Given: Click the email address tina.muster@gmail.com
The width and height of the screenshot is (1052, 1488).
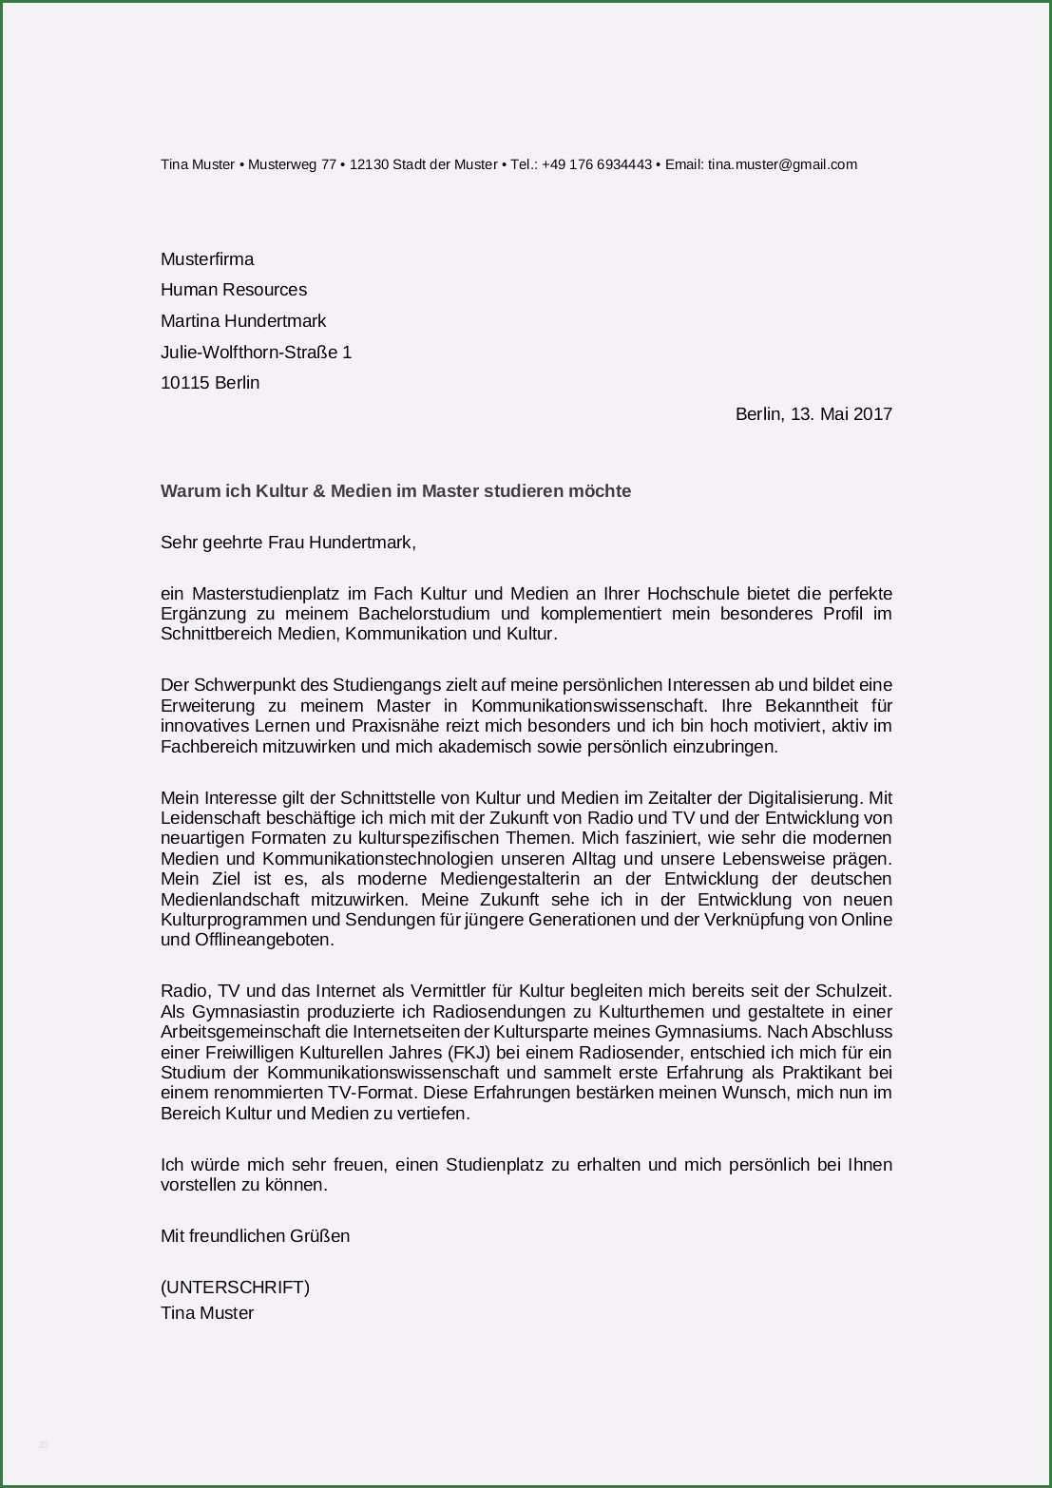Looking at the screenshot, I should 782,164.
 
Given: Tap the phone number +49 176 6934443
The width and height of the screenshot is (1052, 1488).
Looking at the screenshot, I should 597,164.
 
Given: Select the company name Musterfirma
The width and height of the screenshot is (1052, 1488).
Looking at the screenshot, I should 207,259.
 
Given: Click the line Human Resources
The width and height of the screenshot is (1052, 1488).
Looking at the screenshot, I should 234,290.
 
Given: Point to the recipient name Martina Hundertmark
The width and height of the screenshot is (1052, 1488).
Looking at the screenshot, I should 243,321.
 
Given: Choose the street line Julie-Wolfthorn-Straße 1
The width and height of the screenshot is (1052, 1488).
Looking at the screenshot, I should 256,353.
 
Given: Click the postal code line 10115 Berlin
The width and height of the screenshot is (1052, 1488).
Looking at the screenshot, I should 210,383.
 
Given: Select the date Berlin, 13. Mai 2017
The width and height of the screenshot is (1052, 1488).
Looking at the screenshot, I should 813,414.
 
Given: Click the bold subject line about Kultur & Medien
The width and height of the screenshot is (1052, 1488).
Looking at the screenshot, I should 395,491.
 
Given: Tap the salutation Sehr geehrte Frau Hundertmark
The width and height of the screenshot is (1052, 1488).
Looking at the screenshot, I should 288,543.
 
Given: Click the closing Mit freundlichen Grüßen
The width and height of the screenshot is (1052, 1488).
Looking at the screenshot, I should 255,1236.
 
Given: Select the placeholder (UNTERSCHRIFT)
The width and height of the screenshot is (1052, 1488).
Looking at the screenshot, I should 235,1288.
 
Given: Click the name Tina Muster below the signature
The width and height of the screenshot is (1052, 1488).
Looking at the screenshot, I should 207,1313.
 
